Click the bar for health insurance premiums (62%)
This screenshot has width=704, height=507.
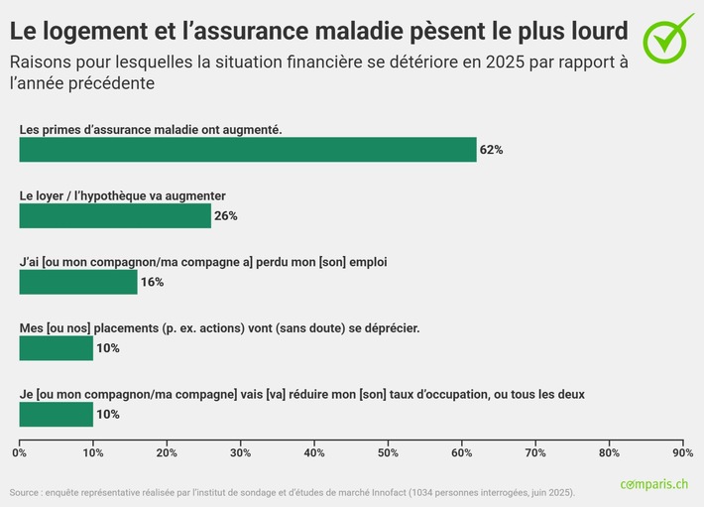[x=248, y=150]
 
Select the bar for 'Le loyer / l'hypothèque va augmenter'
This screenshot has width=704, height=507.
[x=115, y=215]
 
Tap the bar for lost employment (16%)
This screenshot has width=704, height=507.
[x=78, y=282]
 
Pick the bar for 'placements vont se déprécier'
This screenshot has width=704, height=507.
[x=57, y=347]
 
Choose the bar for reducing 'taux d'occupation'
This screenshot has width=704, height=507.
[x=57, y=414]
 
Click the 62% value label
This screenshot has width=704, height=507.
[x=491, y=150]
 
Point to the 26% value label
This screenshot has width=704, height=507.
[x=225, y=215]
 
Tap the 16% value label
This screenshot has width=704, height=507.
[x=152, y=282]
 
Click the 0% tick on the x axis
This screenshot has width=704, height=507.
[x=19, y=452]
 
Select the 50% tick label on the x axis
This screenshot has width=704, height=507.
[x=388, y=452]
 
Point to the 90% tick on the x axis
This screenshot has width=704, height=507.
[x=682, y=452]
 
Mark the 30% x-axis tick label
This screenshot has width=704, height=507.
[x=240, y=452]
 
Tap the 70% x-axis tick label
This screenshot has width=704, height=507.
[x=535, y=452]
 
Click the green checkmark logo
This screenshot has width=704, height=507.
[x=669, y=37]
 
